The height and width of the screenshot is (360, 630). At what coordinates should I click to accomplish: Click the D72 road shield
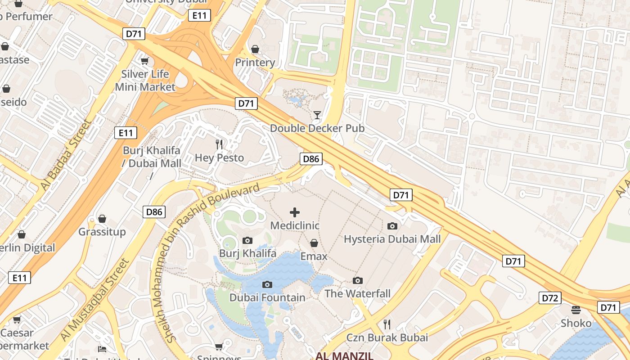pyautogui.click(x=550, y=298)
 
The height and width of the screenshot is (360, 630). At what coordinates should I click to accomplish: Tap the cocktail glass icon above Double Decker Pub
pyautogui.click(x=317, y=115)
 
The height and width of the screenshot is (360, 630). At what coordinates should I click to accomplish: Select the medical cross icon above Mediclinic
pyautogui.click(x=295, y=212)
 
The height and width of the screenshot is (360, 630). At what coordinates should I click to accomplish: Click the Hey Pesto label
pyautogui.click(x=219, y=158)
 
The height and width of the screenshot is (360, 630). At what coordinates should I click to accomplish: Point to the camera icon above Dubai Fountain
pyautogui.click(x=267, y=284)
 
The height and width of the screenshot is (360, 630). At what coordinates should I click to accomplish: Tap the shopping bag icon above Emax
pyautogui.click(x=314, y=243)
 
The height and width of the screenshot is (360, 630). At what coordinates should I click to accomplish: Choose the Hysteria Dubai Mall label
pyautogui.click(x=392, y=239)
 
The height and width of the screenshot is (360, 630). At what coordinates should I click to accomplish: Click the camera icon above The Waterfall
pyautogui.click(x=358, y=280)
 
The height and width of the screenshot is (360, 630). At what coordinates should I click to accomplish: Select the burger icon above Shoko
pyautogui.click(x=576, y=310)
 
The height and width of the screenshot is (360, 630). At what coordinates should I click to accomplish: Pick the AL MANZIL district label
pyautogui.click(x=345, y=356)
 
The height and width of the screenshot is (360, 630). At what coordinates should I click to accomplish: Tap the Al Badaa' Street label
pyautogui.click(x=65, y=154)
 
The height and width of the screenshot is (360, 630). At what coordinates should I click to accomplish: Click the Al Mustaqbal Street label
pyautogui.click(x=94, y=300)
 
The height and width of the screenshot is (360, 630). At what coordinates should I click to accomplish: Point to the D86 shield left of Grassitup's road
pyautogui.click(x=154, y=212)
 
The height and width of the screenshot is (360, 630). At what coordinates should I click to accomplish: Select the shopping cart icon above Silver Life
pyautogui.click(x=144, y=61)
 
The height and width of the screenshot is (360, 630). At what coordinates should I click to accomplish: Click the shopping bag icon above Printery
pyautogui.click(x=255, y=49)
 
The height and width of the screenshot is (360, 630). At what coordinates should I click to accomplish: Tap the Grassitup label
pyautogui.click(x=102, y=232)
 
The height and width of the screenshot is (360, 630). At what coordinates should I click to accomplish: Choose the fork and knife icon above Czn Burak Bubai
pyautogui.click(x=387, y=324)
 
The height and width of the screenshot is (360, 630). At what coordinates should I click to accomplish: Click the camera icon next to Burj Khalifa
pyautogui.click(x=247, y=240)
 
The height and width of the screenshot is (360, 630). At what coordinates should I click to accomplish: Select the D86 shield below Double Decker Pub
pyautogui.click(x=311, y=158)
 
